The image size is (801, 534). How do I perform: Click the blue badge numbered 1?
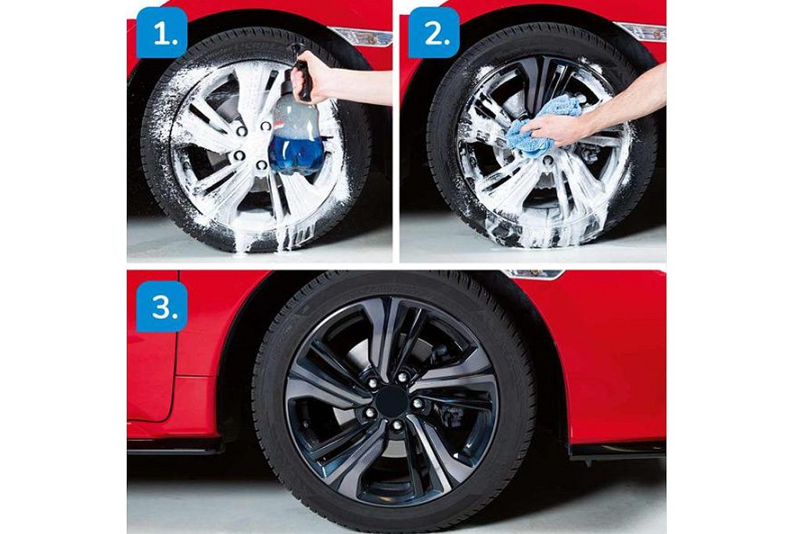(x=161, y=33)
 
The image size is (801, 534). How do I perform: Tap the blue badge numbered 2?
(x=433, y=33)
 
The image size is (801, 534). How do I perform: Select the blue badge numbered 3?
(x=161, y=306)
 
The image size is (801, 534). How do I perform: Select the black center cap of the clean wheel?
(x=391, y=400)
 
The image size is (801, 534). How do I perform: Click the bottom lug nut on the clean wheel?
(x=396, y=425)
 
